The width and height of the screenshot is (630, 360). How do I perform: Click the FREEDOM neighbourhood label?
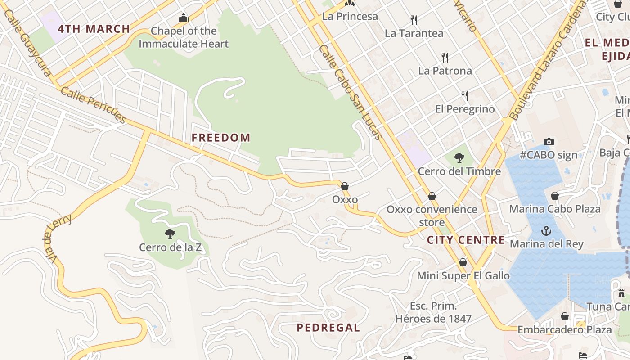(x=221, y=138)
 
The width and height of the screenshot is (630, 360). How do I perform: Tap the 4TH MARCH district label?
(x=94, y=29)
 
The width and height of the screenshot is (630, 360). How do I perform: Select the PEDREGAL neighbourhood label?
(x=328, y=328)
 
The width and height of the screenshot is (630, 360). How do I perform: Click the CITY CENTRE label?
(x=466, y=240)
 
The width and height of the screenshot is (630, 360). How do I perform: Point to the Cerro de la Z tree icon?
(x=170, y=234)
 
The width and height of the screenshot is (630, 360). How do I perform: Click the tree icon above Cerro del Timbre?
(x=459, y=157)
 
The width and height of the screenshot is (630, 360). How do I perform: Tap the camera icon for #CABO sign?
(x=549, y=142)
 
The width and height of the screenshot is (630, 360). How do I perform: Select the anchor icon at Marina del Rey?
(x=546, y=231)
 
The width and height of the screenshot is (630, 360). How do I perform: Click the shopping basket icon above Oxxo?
(x=345, y=186)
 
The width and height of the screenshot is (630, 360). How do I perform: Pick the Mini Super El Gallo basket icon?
(x=463, y=262)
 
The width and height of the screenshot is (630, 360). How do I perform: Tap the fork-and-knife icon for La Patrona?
(x=445, y=57)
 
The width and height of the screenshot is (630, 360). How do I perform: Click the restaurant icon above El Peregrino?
(x=464, y=95)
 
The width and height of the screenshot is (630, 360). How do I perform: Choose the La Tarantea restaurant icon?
(x=414, y=20)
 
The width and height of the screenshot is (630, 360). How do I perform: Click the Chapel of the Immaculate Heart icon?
(x=183, y=18)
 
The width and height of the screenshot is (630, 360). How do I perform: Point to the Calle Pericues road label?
(x=93, y=104)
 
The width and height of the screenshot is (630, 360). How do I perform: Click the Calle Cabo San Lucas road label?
(x=351, y=92)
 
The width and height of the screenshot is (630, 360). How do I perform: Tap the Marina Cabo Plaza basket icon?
(x=555, y=195)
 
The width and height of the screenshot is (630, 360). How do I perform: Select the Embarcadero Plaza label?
(x=565, y=330)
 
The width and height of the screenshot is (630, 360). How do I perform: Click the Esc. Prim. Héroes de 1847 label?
(x=433, y=313)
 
